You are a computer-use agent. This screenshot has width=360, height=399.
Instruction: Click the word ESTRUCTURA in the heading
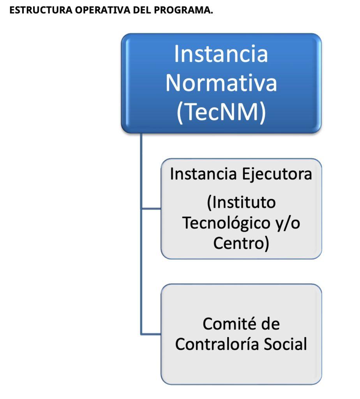41,10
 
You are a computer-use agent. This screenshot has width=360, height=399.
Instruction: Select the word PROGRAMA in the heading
183,10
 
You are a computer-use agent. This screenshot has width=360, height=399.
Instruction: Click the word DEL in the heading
142,10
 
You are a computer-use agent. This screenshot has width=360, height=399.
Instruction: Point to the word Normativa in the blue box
221,83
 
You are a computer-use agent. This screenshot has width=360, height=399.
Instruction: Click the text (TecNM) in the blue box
221,112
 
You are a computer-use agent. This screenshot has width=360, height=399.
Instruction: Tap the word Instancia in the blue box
221,54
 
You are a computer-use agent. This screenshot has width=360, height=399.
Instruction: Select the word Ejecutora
277,175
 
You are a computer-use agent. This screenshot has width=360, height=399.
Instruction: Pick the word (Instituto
241,203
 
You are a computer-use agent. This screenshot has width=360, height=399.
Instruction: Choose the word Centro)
241,243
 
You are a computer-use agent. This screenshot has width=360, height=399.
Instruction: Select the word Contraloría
217,344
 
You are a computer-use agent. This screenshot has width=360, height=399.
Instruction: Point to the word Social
286,344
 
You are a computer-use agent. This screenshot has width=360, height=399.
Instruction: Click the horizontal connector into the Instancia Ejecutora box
151,209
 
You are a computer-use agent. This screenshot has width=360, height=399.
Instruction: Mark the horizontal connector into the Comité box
151,334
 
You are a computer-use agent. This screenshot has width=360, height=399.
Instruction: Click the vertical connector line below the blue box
141,234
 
